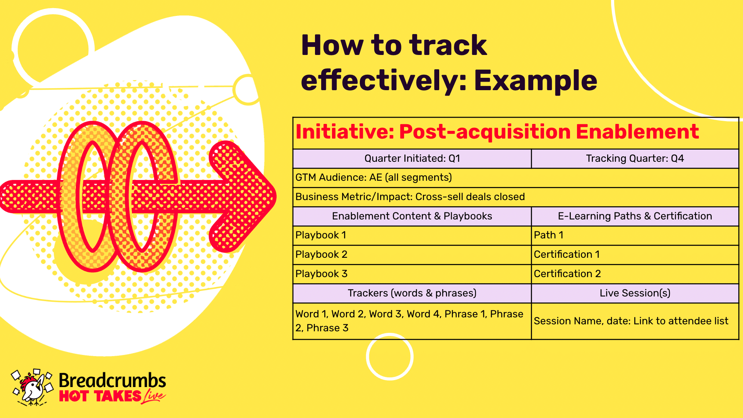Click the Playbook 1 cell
tap(412, 235)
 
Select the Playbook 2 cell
tap(412, 255)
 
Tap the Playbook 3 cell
tap(412, 274)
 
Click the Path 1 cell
tap(635, 235)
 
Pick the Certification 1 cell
tap(635, 255)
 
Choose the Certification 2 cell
tap(635, 274)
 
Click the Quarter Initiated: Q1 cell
tap(412, 159)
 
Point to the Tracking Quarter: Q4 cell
tap(635, 159)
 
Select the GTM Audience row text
tap(373, 178)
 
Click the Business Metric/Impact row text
tap(410, 197)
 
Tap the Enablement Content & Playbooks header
tap(412, 216)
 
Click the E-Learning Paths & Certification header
tap(635, 216)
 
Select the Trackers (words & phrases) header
tap(412, 293)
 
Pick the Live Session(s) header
tap(635, 293)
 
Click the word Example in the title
tap(536, 81)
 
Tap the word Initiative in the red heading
tap(345, 132)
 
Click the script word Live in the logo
tap(154, 396)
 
